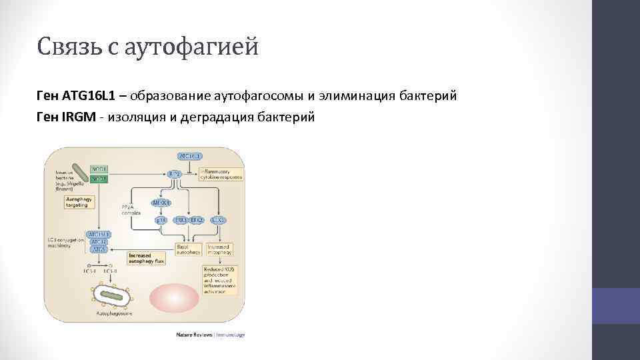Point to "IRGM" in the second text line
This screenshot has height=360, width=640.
click(79, 117)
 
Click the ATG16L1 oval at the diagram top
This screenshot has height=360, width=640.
click(190, 156)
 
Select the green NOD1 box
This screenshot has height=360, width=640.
click(99, 169)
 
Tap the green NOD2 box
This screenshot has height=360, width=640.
click(99, 179)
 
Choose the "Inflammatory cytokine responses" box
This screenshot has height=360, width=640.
click(223, 174)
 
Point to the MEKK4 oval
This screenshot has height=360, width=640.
click(161, 203)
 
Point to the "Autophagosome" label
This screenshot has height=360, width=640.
click(115, 312)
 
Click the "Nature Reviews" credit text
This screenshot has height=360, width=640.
click(193, 334)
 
